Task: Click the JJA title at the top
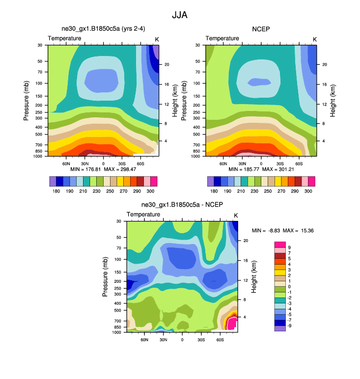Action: pos(180,15)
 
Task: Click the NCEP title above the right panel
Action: pos(261,29)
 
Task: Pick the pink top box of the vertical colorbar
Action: pos(279,244)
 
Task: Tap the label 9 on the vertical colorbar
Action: pos(289,247)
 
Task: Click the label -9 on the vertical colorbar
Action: pos(290,325)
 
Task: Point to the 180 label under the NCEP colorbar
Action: pos(214,190)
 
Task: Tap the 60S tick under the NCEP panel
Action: pos(298,162)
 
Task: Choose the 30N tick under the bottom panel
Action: pos(163,339)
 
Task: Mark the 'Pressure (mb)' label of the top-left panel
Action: pos(27,101)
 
